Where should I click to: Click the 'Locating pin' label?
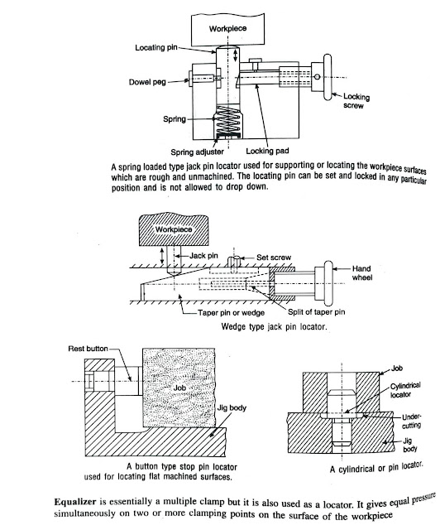coord(156,47)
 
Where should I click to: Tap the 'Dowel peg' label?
coord(147,82)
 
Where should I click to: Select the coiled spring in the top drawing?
coord(228,120)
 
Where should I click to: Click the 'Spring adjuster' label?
coord(197,152)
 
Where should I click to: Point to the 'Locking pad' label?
coord(267,151)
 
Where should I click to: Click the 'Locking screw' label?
coord(356,101)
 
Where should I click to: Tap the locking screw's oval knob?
coord(328,77)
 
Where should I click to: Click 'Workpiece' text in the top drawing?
coord(227,28)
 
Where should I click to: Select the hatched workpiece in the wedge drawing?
coord(174,229)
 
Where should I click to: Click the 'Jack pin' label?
coord(203,256)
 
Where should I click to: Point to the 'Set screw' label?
coord(274,258)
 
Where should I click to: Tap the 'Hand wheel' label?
coord(362,272)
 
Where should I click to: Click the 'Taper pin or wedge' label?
coord(231,313)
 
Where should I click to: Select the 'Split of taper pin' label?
coord(317,311)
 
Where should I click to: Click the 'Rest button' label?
coord(88,349)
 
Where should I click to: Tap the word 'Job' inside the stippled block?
coord(179,388)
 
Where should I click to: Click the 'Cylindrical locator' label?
coord(405,390)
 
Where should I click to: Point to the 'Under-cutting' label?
coord(411,422)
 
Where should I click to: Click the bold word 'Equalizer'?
coord(75,502)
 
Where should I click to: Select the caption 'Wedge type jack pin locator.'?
coord(274,326)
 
